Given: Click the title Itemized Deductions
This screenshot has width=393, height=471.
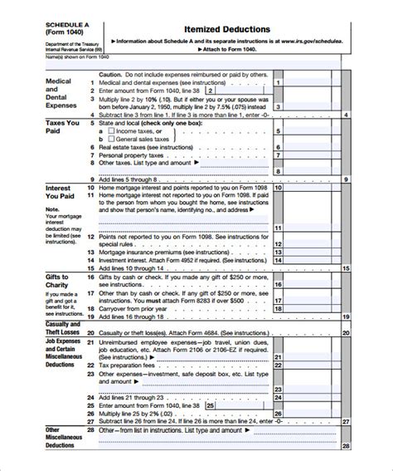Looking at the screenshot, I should pos(221,29).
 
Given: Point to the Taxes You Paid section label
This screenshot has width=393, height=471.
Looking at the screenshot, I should pos(61,127).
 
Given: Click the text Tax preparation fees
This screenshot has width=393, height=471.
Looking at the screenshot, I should pos(129,365).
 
